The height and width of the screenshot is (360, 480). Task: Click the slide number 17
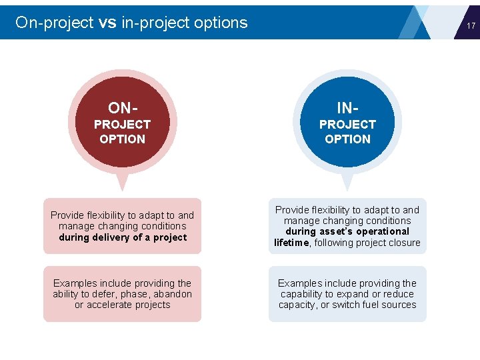(471, 26)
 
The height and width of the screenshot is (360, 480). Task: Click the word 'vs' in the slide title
(107, 23)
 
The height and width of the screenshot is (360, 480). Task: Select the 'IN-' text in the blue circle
(347, 108)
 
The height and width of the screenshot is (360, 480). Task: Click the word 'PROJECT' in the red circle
(122, 125)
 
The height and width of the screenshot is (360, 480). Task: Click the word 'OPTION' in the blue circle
(347, 139)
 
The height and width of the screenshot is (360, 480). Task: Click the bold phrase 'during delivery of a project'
(123, 237)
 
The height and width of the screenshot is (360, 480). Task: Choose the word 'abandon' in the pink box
(171, 294)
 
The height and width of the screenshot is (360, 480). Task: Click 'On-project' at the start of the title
(54, 23)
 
